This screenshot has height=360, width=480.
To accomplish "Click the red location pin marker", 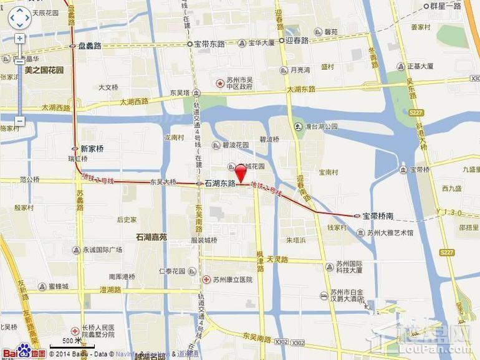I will pyautogui.click(x=240, y=173).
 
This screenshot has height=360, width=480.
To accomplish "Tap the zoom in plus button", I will pyautogui.click(x=20, y=39).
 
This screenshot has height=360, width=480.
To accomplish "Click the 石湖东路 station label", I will pyautogui.click(x=219, y=184).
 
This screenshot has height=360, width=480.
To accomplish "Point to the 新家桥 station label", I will pyautogui.click(x=92, y=149).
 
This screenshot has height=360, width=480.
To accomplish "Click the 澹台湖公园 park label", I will pyautogui.click(x=320, y=126).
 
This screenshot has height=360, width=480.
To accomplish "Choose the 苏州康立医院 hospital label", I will pyautogui.click(x=232, y=280).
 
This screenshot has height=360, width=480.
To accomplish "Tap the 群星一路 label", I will pyautogui.click(x=446, y=6).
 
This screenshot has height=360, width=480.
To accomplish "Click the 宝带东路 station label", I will pyautogui.click(x=209, y=44).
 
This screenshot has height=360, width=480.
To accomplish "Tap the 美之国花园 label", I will pyautogui.click(x=44, y=70).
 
